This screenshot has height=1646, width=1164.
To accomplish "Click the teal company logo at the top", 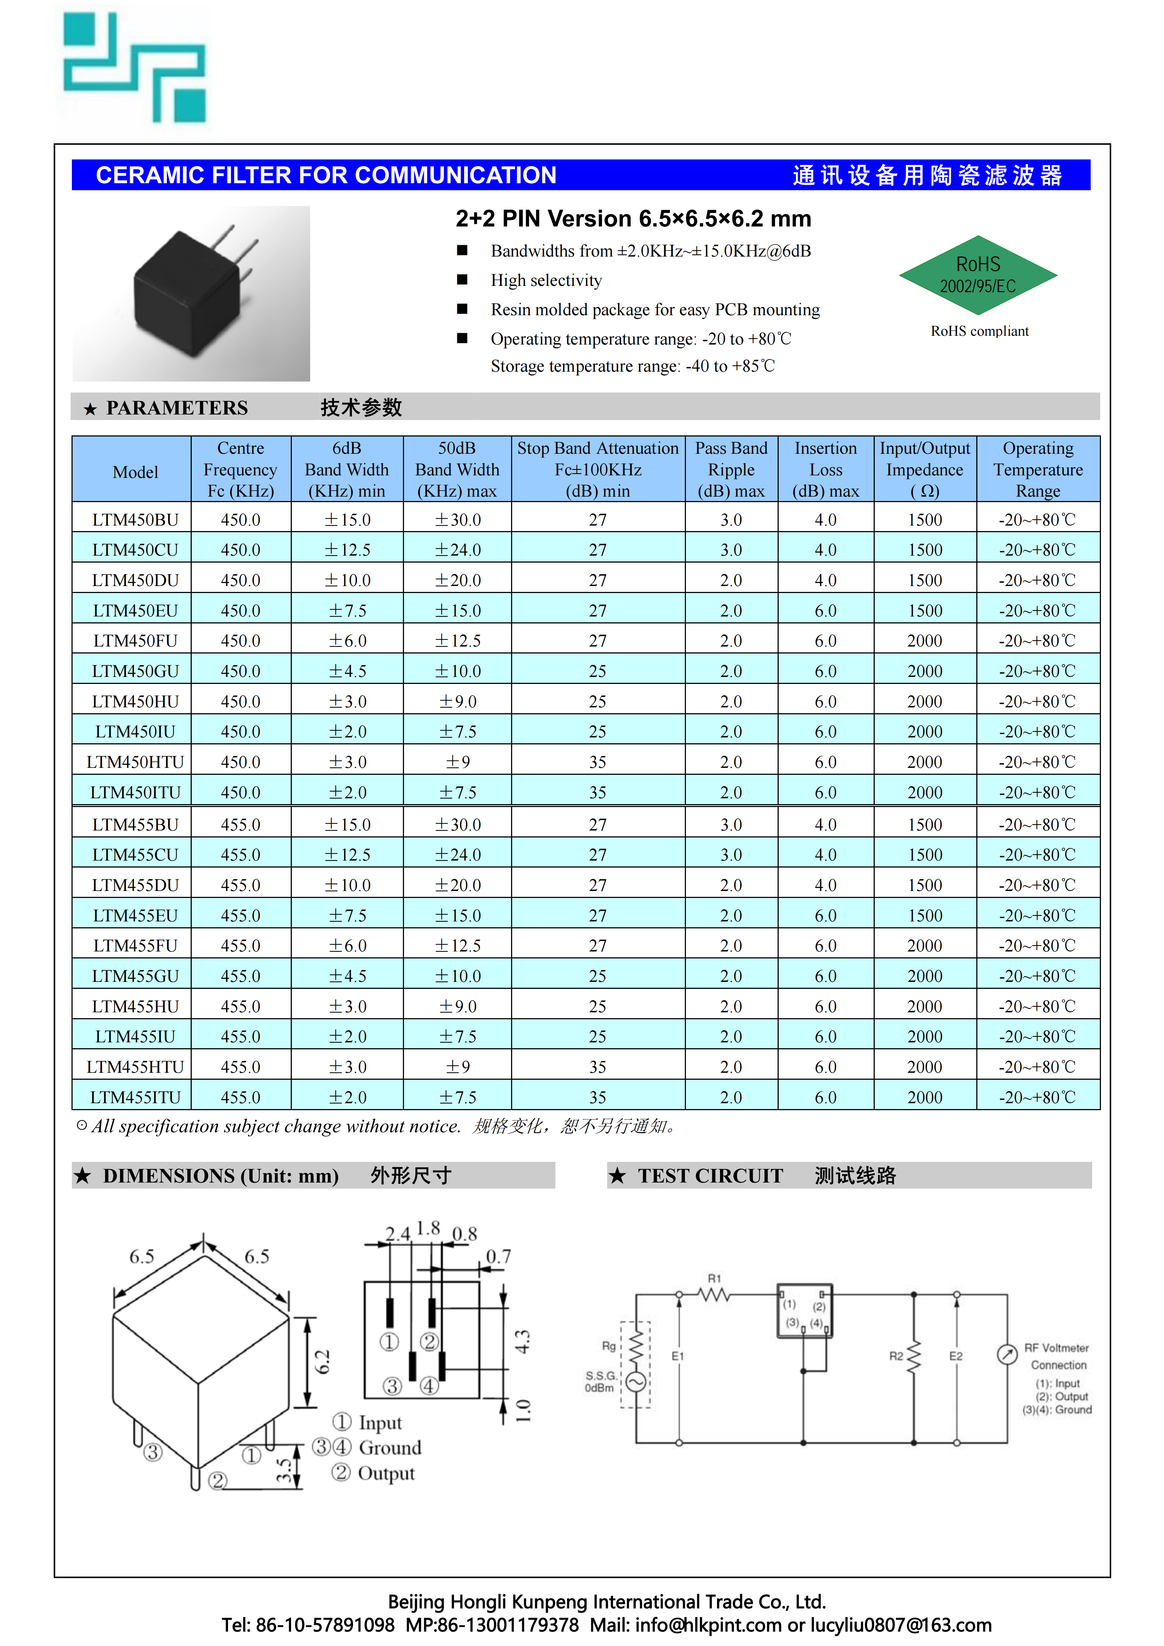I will [x=134, y=68].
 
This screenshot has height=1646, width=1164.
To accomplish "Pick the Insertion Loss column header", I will [x=826, y=470].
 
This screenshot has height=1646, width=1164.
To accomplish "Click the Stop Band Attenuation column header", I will [x=598, y=470].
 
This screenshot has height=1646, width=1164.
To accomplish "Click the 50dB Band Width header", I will [x=457, y=470].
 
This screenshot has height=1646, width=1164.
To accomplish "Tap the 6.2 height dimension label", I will [x=323, y=1361].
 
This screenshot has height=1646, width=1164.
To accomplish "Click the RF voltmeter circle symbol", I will [x=1007, y=1354].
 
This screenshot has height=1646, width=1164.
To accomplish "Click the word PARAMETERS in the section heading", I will [x=177, y=408].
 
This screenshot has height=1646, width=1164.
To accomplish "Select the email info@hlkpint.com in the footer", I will [x=708, y=1624].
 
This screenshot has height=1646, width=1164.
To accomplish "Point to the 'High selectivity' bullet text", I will [x=546, y=280].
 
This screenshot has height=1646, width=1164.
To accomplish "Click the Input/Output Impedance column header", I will [x=925, y=470].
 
